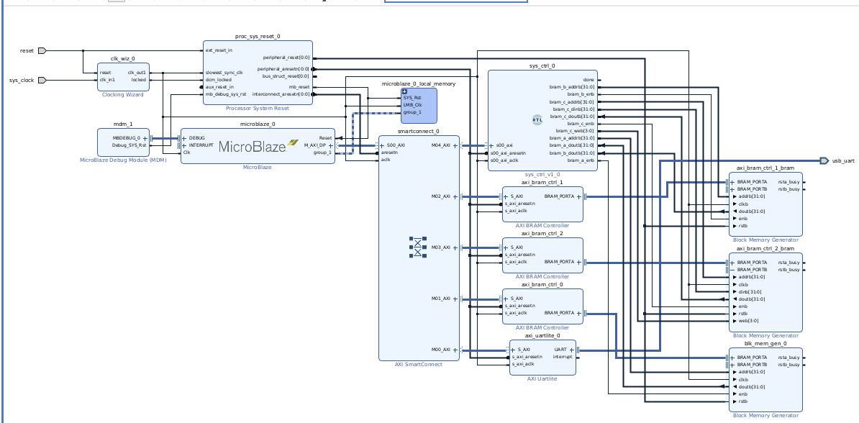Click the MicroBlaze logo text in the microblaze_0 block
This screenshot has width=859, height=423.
(x=250, y=147)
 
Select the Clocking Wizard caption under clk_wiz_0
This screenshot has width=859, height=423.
(x=122, y=94)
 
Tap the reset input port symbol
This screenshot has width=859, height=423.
(x=42, y=50)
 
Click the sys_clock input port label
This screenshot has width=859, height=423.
(x=22, y=80)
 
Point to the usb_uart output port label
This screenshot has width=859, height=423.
(x=843, y=160)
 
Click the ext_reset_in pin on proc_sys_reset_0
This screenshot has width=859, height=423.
(x=219, y=50)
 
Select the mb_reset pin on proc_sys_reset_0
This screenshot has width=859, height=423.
(x=299, y=87)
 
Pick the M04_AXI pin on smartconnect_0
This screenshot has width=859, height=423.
(x=441, y=145)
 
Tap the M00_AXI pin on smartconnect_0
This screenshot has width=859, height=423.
(x=441, y=350)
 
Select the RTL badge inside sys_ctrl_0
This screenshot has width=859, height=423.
(x=537, y=120)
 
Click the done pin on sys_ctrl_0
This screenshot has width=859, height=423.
(x=588, y=80)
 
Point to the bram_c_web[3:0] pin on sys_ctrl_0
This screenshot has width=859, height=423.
(x=578, y=131)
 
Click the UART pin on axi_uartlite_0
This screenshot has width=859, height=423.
(x=560, y=350)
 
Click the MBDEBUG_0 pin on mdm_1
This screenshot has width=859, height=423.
(x=127, y=137)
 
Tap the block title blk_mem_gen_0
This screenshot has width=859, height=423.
(x=765, y=343)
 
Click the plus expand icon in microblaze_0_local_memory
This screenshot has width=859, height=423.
(x=404, y=91)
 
